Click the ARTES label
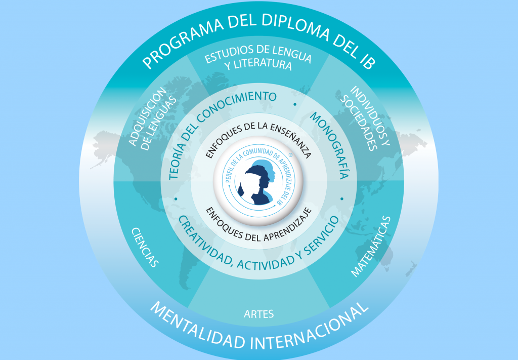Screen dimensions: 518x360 [x=258, y=314]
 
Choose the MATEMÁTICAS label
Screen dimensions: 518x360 [x=371, y=247]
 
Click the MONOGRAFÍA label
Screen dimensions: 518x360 [x=329, y=145]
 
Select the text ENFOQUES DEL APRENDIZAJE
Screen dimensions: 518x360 [x=258, y=225]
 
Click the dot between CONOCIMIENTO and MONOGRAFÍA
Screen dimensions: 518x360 [x=295, y=104]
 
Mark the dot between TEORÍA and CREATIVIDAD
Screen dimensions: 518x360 [x=176, y=199]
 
